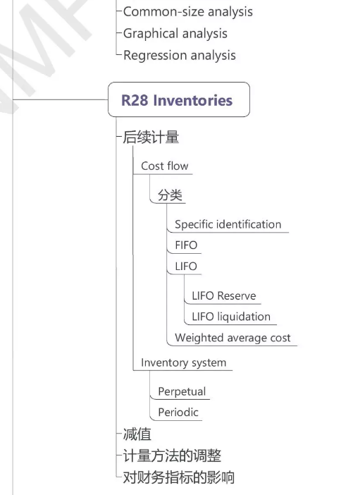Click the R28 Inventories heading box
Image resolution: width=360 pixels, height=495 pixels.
pos(178,100)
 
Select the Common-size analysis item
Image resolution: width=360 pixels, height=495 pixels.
pos(187,12)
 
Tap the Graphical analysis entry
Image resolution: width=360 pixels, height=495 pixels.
pos(175,33)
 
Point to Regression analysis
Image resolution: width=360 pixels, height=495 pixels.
pos(180,55)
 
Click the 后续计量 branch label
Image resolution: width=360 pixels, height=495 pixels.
pos(151,137)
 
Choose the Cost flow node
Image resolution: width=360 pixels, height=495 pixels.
pos(164,166)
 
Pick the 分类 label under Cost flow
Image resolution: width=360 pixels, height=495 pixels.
pos(170,195)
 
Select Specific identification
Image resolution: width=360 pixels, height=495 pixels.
pos(228,225)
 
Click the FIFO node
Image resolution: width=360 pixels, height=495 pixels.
pos(186,246)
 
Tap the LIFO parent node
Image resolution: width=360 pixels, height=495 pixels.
pos(186,267)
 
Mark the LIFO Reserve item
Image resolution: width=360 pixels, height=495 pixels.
pos(224,296)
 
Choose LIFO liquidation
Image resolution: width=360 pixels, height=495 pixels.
pos(231,317)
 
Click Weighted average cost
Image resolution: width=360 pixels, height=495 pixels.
pos(232,338)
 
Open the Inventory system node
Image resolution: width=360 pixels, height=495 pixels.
pos(183,362)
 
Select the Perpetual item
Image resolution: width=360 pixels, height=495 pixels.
pos(182,391)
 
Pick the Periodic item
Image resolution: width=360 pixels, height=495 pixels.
pos(178,412)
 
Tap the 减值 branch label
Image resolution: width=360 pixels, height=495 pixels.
pos(137,434)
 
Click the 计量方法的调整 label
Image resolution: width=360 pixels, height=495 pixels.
pos(173,456)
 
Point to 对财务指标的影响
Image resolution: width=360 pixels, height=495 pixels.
pos(179,477)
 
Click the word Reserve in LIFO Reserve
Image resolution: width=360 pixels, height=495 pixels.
pos(237,296)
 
